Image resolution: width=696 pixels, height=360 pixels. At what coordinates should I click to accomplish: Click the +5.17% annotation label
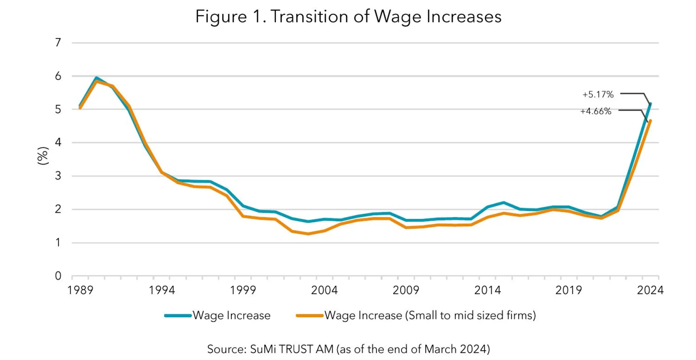[598, 95]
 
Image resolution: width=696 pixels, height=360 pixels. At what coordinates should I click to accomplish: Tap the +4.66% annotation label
[596, 111]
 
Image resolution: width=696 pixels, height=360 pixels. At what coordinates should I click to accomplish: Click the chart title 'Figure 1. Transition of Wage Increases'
[348, 17]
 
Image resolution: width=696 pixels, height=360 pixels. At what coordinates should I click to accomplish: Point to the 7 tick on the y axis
[58, 43]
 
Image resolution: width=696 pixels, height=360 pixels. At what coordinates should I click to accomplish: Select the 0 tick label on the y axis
[58, 276]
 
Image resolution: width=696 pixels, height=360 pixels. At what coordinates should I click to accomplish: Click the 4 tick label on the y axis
[58, 142]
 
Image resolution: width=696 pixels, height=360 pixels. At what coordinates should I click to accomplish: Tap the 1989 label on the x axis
[80, 290]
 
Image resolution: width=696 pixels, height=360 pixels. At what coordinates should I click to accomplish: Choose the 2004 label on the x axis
[324, 290]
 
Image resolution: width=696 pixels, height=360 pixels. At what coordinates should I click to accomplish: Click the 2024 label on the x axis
[650, 290]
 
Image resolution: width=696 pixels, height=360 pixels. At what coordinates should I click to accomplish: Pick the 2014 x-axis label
[487, 290]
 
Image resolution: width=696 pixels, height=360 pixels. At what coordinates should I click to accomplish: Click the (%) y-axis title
[43, 156]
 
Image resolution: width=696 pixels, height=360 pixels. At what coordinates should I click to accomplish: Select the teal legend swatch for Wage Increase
[178, 316]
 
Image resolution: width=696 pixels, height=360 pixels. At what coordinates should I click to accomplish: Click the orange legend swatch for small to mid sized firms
[310, 316]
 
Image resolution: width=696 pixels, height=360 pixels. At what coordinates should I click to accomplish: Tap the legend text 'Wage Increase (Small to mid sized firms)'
[430, 316]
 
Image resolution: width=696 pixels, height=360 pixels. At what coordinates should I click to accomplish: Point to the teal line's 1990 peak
[96, 78]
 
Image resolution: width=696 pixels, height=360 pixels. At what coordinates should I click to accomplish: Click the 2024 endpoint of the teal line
[650, 104]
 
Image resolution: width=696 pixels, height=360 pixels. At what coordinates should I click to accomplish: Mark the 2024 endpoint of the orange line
[650, 121]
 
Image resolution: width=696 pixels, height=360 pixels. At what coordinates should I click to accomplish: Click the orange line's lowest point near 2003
[308, 234]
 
